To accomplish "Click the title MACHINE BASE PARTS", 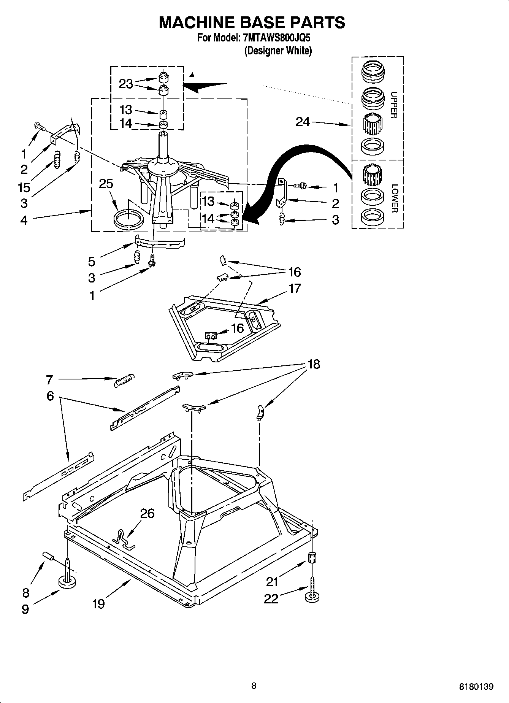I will (x=252, y=23).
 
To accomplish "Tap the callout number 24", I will (x=303, y=122).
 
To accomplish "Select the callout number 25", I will (x=106, y=184).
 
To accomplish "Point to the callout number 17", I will (x=295, y=288).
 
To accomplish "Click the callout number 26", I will (x=147, y=513).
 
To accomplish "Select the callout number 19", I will (x=98, y=603).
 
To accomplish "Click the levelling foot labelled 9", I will (x=68, y=581).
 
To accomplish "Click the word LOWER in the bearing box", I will (x=394, y=198).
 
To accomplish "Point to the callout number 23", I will (x=126, y=84).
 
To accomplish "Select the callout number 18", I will (x=314, y=364).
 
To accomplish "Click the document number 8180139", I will (x=476, y=686).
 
